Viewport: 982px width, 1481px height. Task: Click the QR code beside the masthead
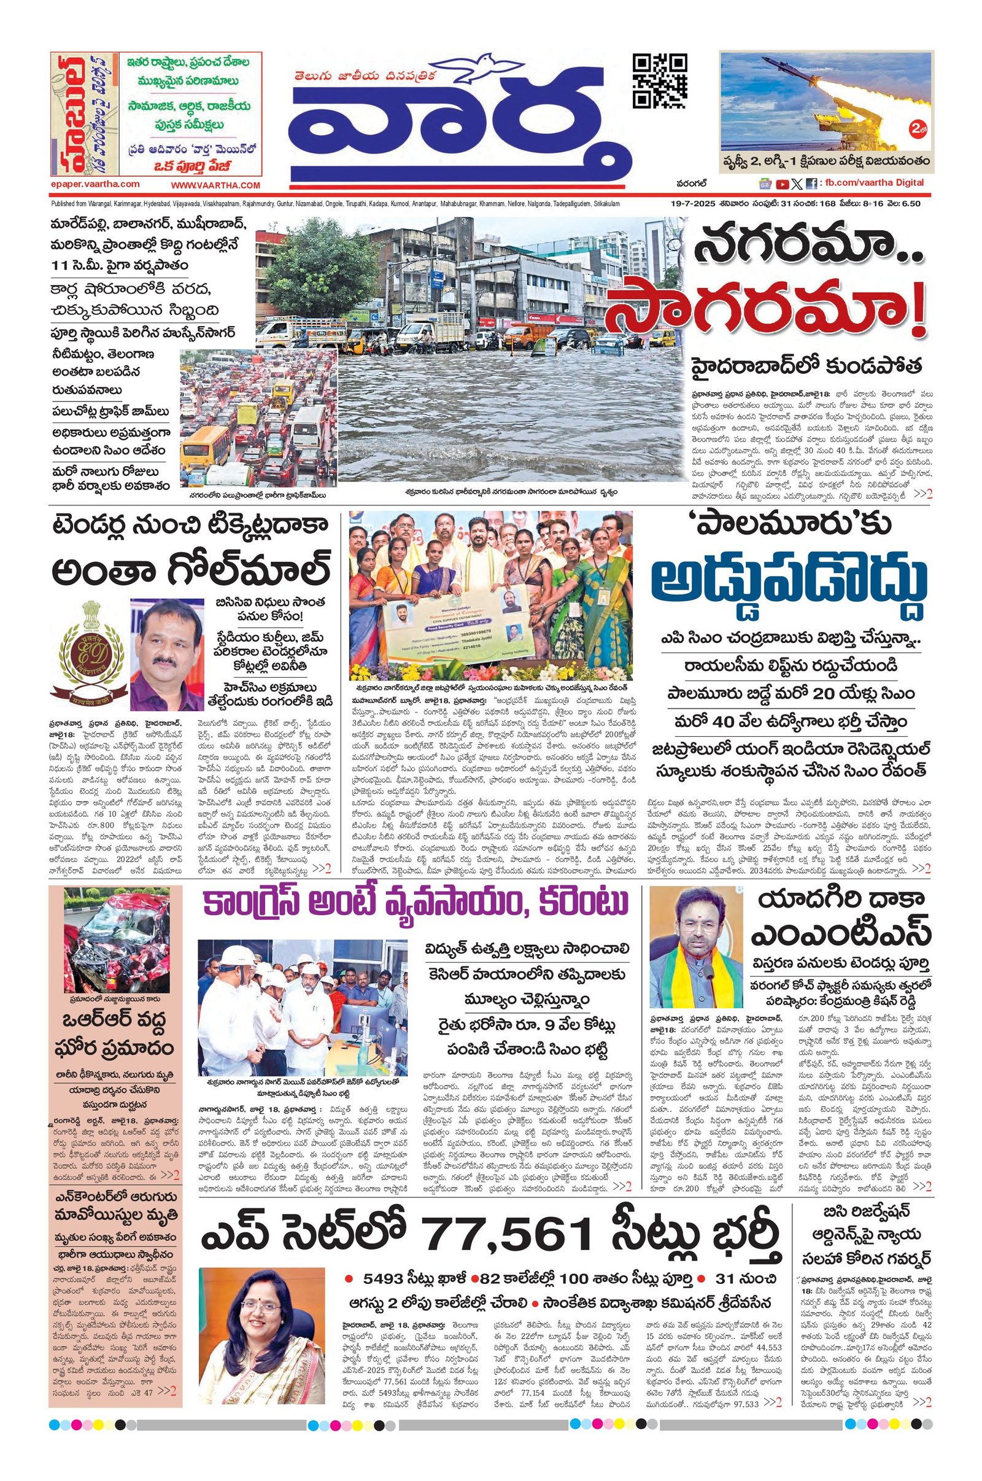[659, 82]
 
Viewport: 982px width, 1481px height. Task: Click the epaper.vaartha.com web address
[95, 184]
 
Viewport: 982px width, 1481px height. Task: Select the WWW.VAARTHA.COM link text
[215, 185]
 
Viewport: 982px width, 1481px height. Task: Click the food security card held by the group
[460, 643]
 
